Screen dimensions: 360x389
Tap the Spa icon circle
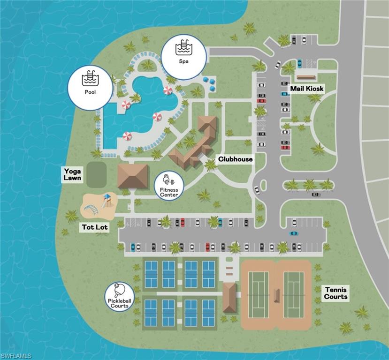pyautogui.click(x=183, y=56)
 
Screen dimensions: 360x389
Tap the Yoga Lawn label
pyautogui.click(x=73, y=174)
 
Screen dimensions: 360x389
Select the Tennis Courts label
pyautogui.click(x=336, y=293)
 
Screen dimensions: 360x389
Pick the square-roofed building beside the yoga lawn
pyautogui.click(x=133, y=176)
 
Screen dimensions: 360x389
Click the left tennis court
pyautogui.click(x=259, y=294)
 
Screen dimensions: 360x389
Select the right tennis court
pyautogui.click(x=294, y=294)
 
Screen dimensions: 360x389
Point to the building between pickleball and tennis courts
pyautogui.click(x=229, y=297)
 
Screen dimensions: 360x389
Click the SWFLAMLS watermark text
pyautogui.click(x=16, y=356)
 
